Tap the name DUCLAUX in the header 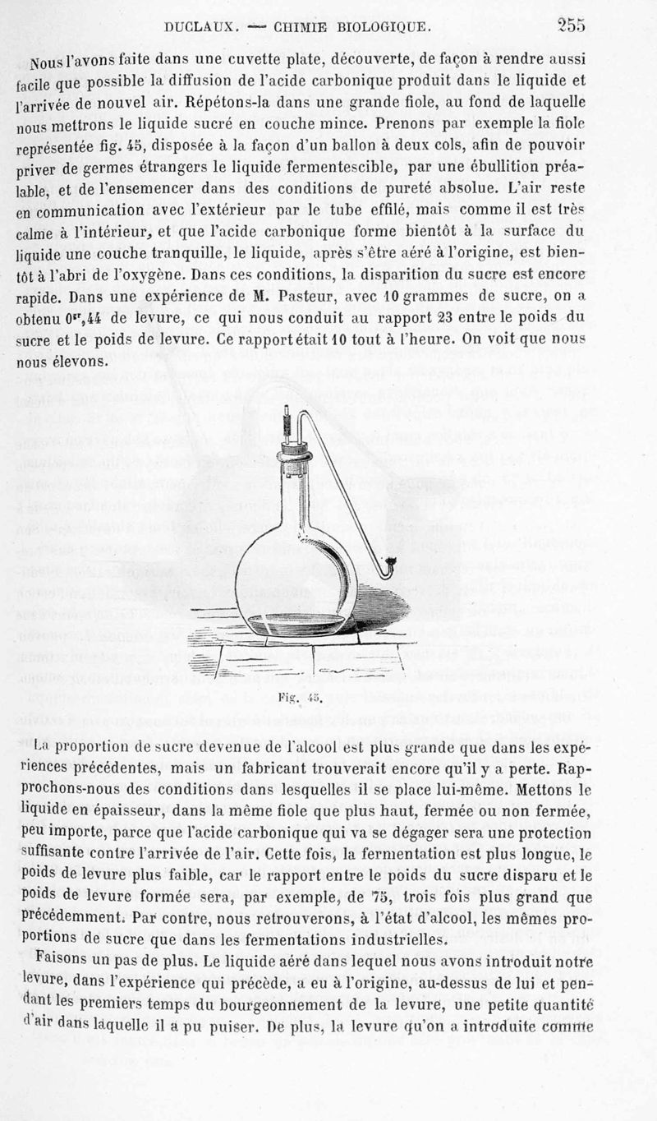[x=200, y=27]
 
